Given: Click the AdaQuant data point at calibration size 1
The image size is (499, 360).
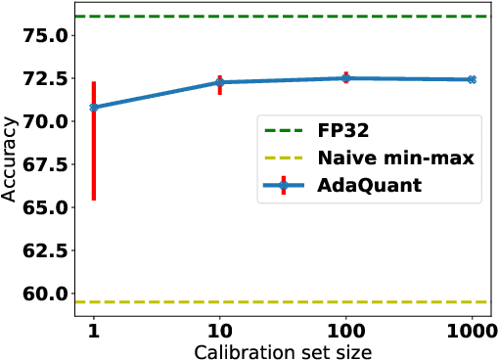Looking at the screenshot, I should tap(93, 107).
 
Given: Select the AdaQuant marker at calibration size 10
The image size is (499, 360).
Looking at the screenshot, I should tap(219, 82).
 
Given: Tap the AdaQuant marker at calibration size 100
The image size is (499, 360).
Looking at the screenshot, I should tap(345, 78).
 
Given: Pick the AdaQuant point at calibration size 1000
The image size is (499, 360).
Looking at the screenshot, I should tap(472, 79).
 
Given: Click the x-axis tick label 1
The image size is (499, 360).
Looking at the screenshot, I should tap(93, 331).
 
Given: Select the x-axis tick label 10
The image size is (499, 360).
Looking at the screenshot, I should tap(219, 331).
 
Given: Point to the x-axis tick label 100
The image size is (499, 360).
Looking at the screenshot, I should tap(345, 331).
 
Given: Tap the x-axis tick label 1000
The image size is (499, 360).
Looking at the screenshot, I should tap(471, 331).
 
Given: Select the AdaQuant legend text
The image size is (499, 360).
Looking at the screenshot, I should tap(369, 183).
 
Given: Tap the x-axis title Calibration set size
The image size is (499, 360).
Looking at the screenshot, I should tap(283, 350).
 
